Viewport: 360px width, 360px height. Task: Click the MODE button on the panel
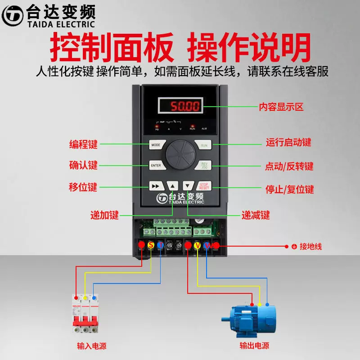156,145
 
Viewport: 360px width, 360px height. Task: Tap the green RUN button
204,145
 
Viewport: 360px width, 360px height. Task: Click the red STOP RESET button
204,186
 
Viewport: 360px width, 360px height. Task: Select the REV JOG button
204,165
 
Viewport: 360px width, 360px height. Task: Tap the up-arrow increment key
172,186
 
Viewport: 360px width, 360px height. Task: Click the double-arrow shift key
156,186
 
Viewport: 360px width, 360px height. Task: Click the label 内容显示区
281,107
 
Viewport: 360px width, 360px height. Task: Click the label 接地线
310,247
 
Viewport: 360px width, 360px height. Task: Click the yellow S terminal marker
151,245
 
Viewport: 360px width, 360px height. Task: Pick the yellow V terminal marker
197,245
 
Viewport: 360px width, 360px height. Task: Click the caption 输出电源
254,346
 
